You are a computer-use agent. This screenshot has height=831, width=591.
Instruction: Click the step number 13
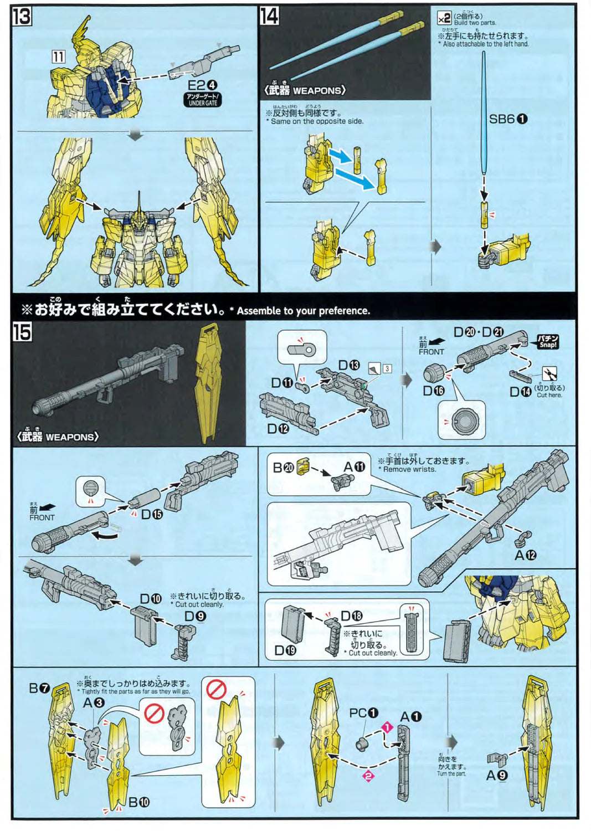click(22, 17)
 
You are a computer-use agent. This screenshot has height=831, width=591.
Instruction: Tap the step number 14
click(269, 16)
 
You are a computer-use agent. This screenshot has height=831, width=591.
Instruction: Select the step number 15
click(22, 332)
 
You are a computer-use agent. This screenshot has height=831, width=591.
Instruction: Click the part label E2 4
click(202, 85)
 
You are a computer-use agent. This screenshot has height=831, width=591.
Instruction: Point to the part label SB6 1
click(508, 119)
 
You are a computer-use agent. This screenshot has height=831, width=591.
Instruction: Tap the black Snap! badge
click(547, 341)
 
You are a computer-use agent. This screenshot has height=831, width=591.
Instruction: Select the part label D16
click(434, 391)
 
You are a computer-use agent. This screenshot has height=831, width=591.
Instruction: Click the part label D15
click(151, 514)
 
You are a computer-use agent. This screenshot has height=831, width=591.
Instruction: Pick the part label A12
click(525, 555)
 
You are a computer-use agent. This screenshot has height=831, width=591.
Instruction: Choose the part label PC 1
click(363, 713)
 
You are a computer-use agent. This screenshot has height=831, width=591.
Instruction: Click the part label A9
click(496, 776)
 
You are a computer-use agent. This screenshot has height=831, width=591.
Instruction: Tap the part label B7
click(39, 689)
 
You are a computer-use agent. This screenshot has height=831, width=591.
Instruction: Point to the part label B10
click(139, 802)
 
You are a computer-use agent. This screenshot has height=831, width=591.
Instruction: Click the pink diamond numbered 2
click(368, 776)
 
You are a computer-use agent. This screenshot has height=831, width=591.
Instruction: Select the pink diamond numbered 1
click(387, 727)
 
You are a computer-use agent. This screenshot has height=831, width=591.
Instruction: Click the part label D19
click(285, 650)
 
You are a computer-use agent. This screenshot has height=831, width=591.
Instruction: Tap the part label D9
click(195, 616)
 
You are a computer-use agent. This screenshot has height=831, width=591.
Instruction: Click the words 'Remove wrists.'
click(409, 469)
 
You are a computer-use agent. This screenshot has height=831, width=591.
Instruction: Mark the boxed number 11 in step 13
click(59, 57)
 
